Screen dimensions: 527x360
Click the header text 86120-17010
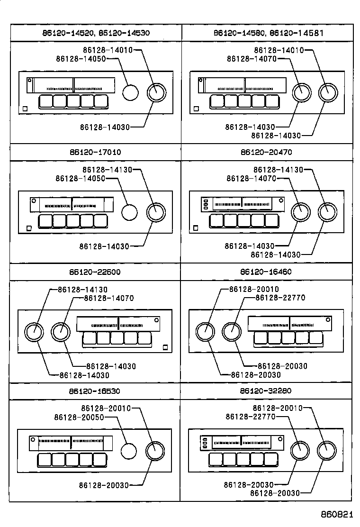point(95,153)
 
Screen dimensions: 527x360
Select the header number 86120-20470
point(266,153)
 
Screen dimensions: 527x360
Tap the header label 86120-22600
point(95,272)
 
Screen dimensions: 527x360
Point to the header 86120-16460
point(266,272)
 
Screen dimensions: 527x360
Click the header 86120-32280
point(266,391)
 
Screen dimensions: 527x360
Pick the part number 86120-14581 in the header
point(297,33)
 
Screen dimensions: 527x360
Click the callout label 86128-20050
point(79,417)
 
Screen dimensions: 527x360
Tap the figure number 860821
point(337,515)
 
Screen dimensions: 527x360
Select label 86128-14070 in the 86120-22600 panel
point(108,298)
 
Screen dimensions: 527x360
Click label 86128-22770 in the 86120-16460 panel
point(280,298)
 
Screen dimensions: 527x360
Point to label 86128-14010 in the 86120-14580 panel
point(279,50)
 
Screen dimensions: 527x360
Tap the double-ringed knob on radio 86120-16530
point(155,450)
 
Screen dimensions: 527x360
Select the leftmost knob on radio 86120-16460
point(205,332)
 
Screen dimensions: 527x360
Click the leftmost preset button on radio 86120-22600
point(90,338)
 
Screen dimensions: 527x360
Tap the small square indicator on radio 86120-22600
point(165,347)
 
